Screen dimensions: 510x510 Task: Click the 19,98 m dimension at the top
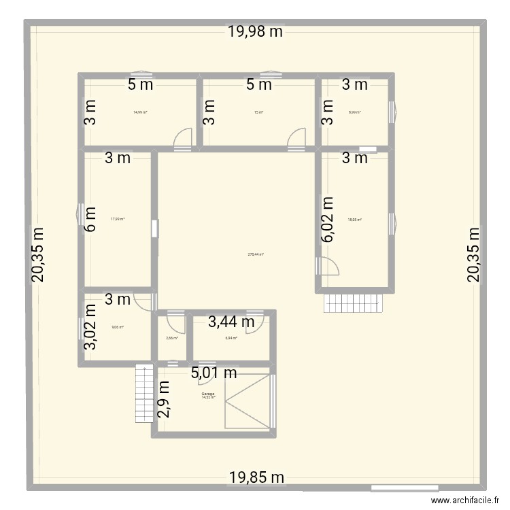[255, 31]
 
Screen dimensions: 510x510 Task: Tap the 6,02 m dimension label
[328, 220]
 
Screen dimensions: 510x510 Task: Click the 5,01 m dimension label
[214, 372]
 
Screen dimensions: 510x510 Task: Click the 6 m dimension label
[91, 219]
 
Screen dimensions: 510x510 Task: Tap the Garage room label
[208, 394]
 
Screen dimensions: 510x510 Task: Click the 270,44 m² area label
[256, 254]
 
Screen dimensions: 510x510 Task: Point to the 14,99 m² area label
[141, 113]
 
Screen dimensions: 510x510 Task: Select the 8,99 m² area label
[355, 113]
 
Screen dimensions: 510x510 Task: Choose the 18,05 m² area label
[355, 220]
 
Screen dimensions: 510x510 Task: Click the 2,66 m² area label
[172, 337]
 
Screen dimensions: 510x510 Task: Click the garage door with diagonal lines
[247, 401]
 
